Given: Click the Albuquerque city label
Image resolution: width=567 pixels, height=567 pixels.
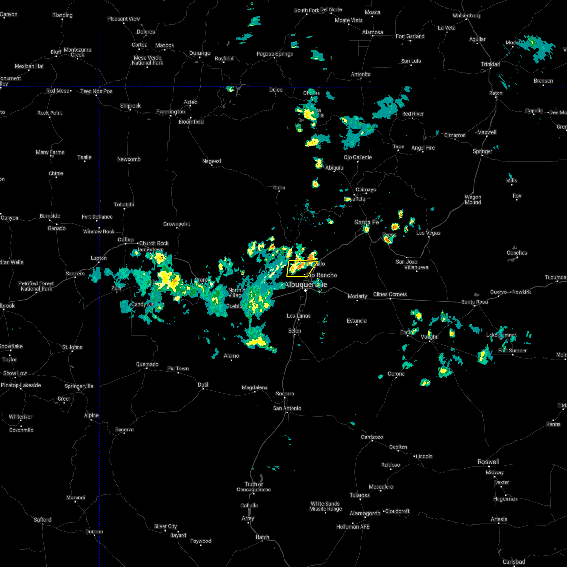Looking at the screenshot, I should click(305, 284).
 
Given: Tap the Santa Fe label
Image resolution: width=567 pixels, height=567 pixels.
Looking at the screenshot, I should click(367, 222).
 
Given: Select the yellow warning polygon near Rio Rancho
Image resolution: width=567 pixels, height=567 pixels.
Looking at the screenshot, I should click(301, 268).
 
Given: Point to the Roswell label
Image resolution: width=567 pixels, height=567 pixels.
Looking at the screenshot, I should click(488, 462).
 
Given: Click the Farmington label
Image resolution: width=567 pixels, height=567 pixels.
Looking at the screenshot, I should click(171, 112).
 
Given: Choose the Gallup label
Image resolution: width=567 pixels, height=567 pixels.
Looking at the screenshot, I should click(126, 240).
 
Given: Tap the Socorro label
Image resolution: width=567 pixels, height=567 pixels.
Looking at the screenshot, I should click(285, 394).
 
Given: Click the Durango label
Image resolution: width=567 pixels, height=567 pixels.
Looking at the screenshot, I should click(200, 53).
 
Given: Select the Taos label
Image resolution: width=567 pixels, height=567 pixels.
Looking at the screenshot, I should click(398, 146).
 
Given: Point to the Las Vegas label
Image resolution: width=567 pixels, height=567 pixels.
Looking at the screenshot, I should click(428, 233).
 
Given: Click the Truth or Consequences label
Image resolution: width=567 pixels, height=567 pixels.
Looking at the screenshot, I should click(254, 487).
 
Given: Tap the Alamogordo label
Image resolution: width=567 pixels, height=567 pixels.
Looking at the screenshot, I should click(365, 514).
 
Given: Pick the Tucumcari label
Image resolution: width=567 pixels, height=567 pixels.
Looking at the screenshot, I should click(555, 277).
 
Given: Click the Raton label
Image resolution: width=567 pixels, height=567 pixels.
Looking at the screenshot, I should click(496, 93).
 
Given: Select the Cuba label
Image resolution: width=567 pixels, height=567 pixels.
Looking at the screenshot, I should click(279, 188).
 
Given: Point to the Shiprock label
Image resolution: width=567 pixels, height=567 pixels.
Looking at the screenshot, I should click(130, 106).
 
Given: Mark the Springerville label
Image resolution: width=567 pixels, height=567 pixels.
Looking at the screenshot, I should click(79, 386).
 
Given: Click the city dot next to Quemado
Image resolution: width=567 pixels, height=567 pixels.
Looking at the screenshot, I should click(147, 369).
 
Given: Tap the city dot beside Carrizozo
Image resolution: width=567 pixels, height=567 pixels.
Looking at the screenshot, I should click(372, 442).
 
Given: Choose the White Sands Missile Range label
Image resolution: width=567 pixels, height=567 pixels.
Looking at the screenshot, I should click(326, 506).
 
